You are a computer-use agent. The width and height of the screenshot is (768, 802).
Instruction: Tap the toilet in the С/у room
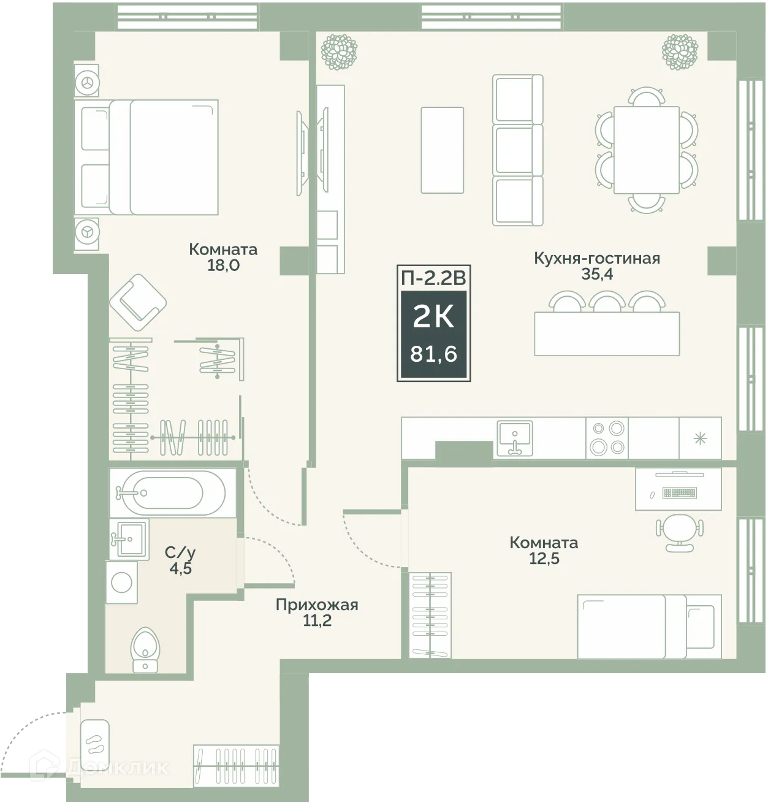(144, 650)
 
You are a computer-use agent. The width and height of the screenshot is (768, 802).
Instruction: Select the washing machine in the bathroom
(121, 582)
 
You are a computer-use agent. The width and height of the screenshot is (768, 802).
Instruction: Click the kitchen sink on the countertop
(515, 438)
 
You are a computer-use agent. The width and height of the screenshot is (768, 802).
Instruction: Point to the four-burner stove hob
(607, 438)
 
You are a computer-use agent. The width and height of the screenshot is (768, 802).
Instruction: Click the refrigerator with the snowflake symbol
(700, 438)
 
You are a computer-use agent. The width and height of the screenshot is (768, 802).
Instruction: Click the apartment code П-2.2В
(433, 278)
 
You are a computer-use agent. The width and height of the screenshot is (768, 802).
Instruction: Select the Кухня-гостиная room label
(597, 258)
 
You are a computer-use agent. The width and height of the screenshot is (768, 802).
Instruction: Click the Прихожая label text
(317, 605)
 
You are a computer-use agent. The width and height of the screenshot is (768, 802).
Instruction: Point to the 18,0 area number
(223, 265)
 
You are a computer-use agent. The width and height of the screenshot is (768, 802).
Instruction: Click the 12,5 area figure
(544, 559)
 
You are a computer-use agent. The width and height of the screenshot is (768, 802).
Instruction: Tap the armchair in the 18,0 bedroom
(138, 302)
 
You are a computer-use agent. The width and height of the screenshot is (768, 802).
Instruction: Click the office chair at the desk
(679, 532)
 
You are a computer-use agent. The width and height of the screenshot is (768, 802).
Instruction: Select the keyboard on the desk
(679, 492)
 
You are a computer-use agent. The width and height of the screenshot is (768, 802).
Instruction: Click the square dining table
(647, 150)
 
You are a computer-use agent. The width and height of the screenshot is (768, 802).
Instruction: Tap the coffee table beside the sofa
(442, 150)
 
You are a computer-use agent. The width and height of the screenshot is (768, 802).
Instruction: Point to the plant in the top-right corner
(680, 52)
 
